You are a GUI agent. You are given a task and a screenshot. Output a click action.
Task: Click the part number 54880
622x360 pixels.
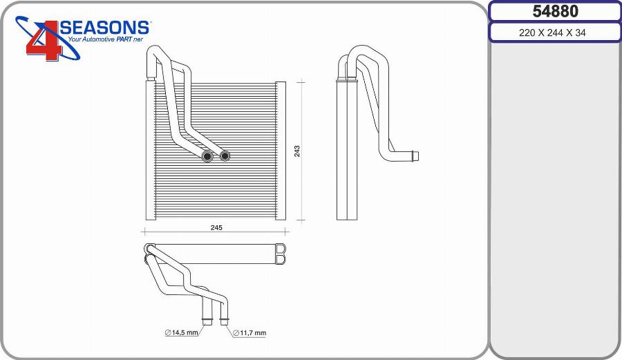pyautogui.click(x=556, y=11)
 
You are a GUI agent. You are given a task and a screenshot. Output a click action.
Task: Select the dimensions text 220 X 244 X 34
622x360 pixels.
pyautogui.click(x=552, y=32)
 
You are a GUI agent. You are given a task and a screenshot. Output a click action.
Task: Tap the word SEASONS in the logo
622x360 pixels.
pyautogui.click(x=105, y=28)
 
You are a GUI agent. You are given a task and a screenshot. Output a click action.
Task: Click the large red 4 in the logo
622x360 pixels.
pyautogui.click(x=44, y=41)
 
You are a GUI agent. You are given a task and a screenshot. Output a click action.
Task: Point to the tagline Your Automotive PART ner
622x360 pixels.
pyautogui.click(x=105, y=39)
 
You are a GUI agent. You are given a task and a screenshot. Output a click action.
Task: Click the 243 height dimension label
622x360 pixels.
pyautogui.click(x=297, y=151)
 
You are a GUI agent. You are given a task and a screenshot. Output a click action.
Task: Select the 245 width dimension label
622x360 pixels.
pyautogui.click(x=216, y=227)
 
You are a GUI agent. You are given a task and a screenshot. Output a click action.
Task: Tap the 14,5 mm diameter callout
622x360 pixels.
pyautogui.click(x=181, y=332)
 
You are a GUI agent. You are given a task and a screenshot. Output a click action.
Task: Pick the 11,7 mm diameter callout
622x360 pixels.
pyautogui.click(x=249, y=333)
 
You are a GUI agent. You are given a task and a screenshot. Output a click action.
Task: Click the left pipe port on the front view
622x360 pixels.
pyautogui.click(x=207, y=156)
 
